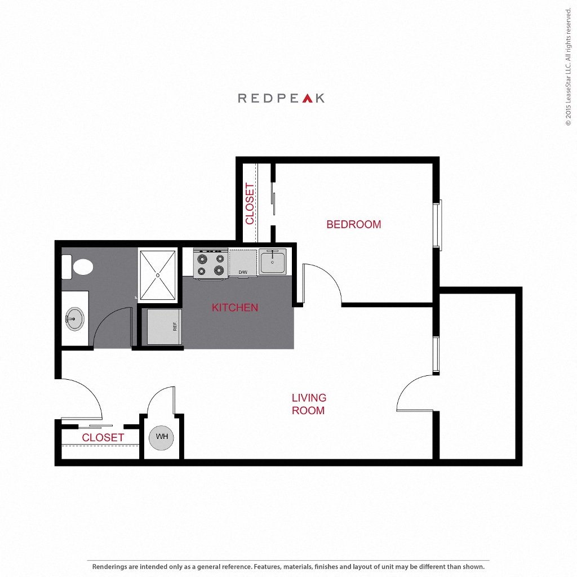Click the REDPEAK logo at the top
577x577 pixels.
281,98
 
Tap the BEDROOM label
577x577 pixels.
353,224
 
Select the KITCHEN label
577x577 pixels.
235,308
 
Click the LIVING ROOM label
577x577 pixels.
308,404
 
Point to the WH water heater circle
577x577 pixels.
162,437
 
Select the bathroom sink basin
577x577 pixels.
74,319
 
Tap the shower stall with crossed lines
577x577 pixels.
158,275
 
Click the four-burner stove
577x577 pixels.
210,264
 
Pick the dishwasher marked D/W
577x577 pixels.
243,263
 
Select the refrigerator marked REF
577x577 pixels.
164,326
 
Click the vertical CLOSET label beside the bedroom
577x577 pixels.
250,203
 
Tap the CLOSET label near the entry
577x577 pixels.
103,437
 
